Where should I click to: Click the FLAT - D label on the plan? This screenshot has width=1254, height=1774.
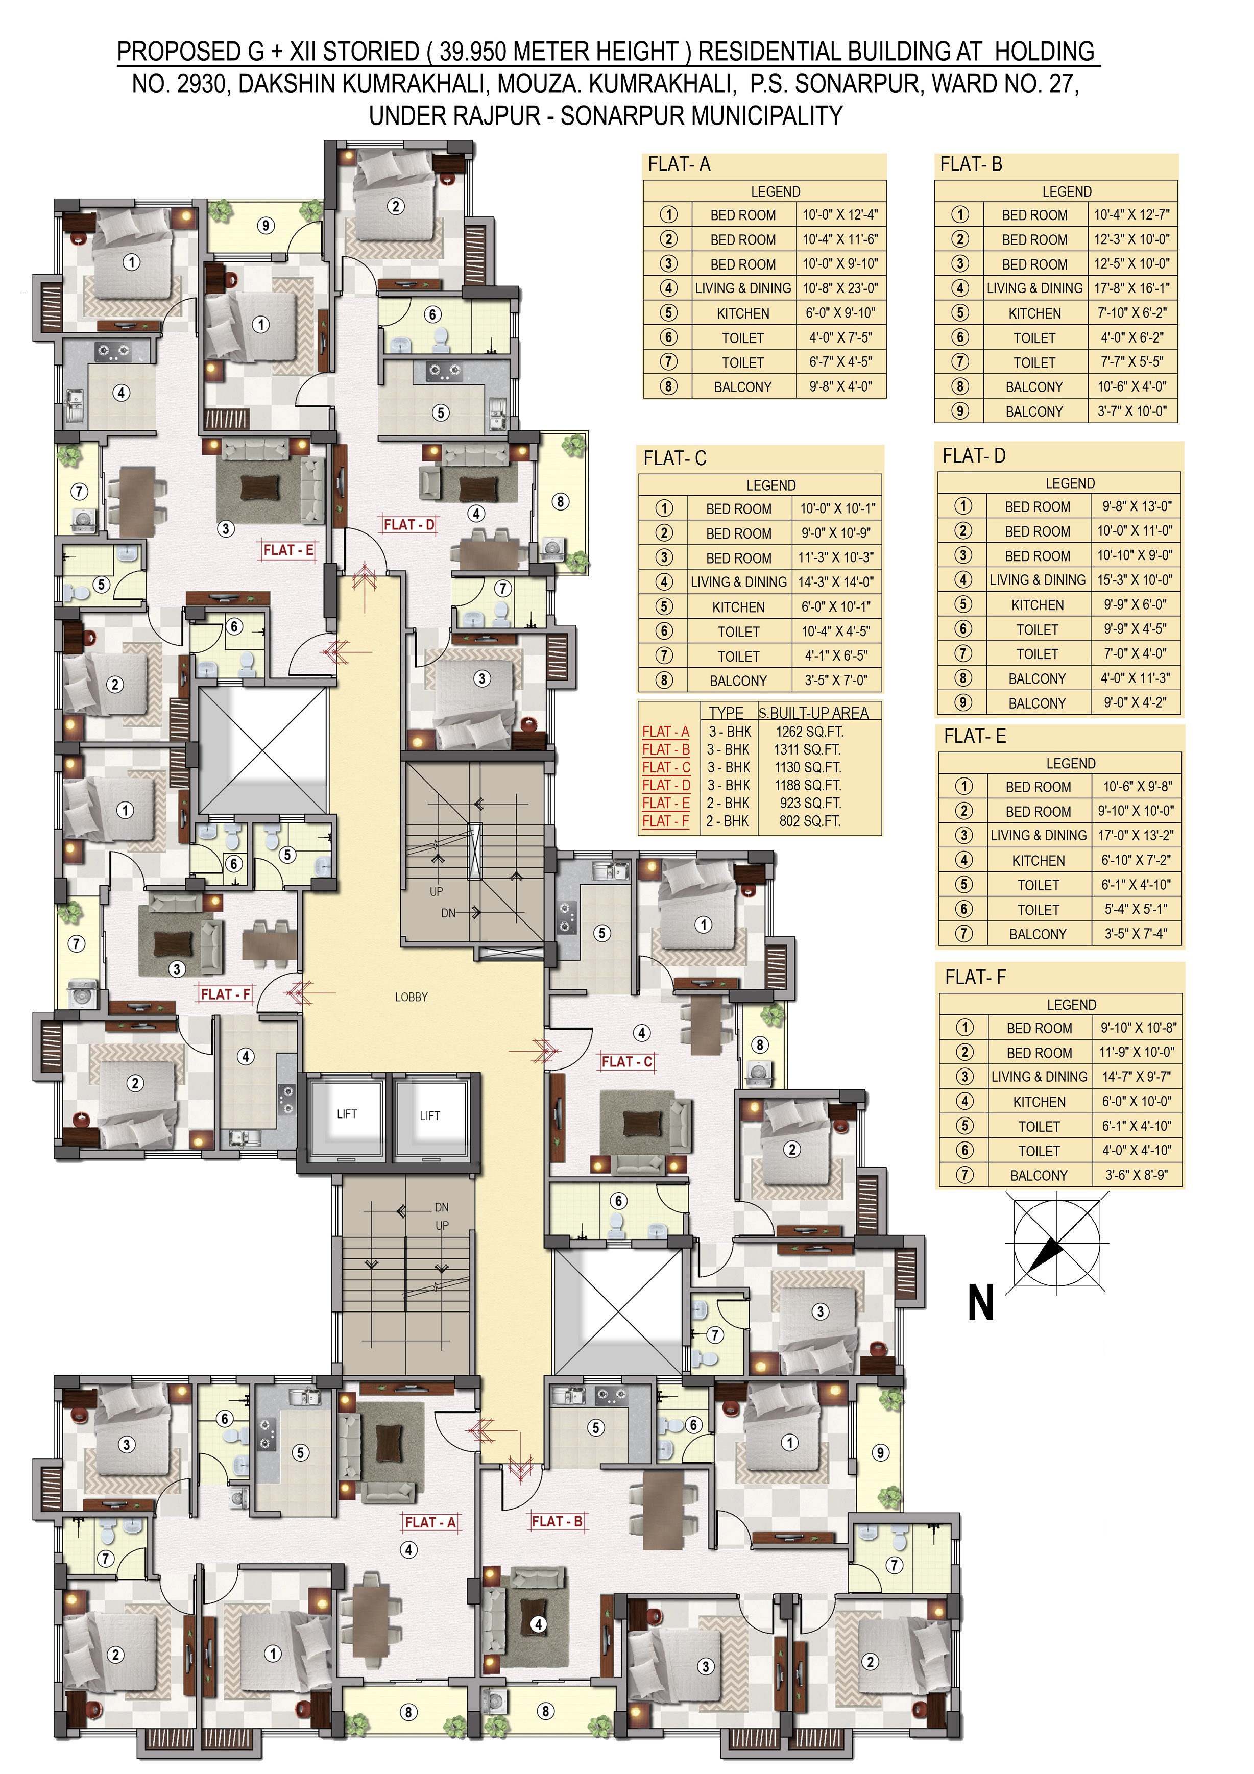[409, 525]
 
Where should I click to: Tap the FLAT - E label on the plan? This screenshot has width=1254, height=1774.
[288, 550]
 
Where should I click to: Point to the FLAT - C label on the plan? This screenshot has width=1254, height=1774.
[626, 1062]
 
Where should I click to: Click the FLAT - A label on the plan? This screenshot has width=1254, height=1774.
[430, 1522]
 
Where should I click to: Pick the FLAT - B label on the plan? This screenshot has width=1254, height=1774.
[557, 1521]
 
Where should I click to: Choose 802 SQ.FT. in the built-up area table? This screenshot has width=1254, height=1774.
[810, 821]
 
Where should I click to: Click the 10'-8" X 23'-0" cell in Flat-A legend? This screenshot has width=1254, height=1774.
[840, 288]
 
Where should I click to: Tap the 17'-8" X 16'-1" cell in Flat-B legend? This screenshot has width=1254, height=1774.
[1132, 288]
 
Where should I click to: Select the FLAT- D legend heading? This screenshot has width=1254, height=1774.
[974, 456]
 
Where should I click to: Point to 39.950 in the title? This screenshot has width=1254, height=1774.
[472, 52]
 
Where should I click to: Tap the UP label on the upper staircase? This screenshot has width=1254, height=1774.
[437, 892]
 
